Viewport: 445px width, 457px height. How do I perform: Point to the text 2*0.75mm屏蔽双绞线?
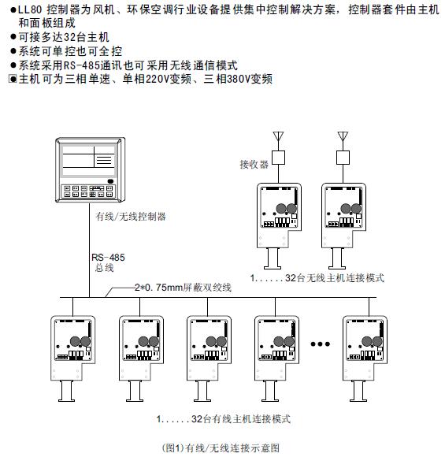pyautogui.click(x=183, y=288)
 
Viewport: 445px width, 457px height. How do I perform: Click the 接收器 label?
pyautogui.click(x=254, y=165)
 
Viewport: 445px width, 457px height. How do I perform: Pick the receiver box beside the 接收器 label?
pyautogui.click(x=280, y=157)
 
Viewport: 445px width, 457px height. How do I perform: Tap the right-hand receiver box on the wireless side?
pyautogui.click(x=343, y=157)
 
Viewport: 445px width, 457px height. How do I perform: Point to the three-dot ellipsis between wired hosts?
pyautogui.click(x=321, y=344)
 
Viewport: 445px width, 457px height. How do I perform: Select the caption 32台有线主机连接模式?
pyautogui.click(x=228, y=418)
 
